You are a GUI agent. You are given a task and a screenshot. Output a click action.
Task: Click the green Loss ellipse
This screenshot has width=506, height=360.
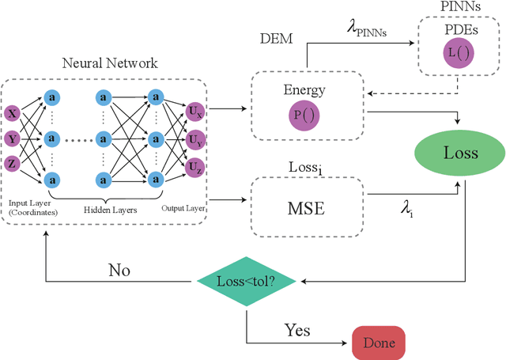click(459, 153)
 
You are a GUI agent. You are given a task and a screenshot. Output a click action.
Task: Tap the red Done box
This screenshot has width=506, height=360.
click(379, 343)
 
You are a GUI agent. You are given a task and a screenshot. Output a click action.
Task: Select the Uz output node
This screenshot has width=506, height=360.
click(194, 167)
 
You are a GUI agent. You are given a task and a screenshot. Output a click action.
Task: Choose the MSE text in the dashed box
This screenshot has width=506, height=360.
click(306, 210)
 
